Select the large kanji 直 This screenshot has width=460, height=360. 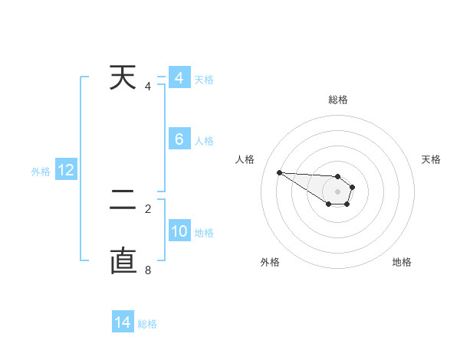pos(124,260)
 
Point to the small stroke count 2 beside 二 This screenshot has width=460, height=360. pos(148,208)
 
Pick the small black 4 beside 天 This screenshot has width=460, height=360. pos(148,86)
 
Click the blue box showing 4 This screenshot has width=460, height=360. pos(179,78)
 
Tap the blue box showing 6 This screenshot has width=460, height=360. pos(179,139)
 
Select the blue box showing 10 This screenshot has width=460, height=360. pos(179,231)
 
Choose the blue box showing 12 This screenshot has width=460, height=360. pos(66,170)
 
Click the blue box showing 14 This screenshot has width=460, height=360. pos(123,322)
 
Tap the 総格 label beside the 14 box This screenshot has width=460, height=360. pos(147,324)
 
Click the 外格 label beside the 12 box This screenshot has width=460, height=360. pos(41,172)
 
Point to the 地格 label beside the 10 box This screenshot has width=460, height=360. pos(204,233)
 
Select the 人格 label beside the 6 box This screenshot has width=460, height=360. pos(204,141)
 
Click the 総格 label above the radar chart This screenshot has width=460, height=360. pos(338,100)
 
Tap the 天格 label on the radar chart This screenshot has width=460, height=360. pos(431,159)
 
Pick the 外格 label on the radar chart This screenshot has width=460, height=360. pos(270,262)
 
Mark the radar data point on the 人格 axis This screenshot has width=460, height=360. pos(279,172)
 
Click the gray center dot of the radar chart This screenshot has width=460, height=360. pos(338,191)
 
